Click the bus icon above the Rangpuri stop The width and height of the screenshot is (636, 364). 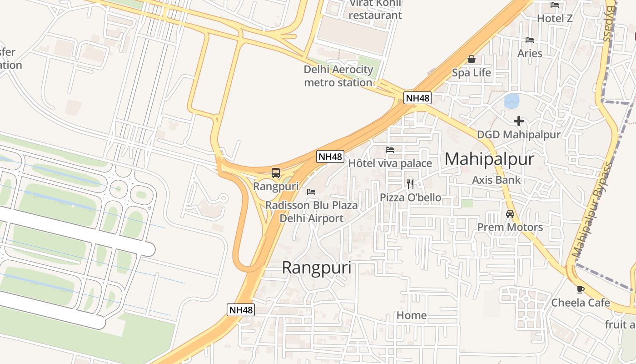275,173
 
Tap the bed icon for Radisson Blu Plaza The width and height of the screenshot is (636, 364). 311,192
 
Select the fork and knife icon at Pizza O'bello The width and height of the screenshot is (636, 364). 410,184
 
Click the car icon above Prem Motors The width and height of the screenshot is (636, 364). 510,214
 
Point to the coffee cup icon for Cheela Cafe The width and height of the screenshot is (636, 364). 580,289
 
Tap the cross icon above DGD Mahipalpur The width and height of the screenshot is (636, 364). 519,121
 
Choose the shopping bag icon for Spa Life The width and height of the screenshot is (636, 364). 472,59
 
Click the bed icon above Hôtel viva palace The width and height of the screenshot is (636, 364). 390,149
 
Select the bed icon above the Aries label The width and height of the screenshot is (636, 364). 530,40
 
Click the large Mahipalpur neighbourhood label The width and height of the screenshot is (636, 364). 489,159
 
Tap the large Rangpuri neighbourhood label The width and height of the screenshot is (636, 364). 317,268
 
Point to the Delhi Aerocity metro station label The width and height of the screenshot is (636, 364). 338,76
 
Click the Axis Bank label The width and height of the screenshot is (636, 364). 497,180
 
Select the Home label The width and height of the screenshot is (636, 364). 412,315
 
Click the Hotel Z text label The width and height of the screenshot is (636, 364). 555,19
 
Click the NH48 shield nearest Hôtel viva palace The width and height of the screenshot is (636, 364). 330,157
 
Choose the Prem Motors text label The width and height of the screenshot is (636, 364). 510,227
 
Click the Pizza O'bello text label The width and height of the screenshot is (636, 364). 411,197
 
